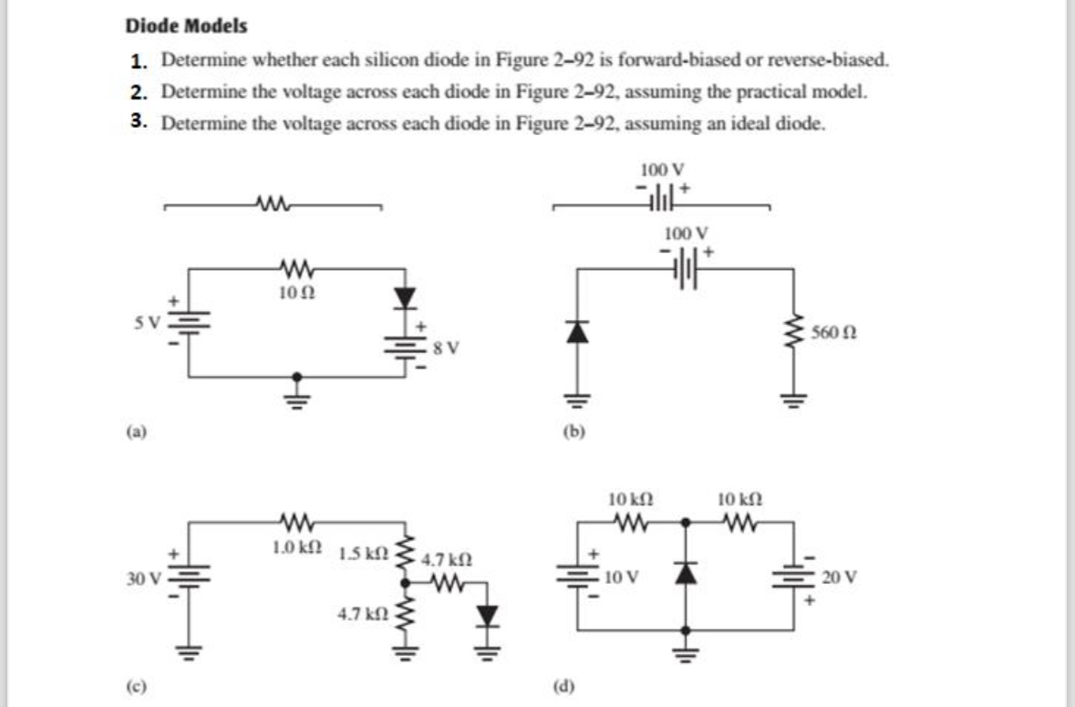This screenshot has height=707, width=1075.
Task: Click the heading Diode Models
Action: [186, 26]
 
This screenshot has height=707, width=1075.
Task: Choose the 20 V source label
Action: [835, 577]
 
